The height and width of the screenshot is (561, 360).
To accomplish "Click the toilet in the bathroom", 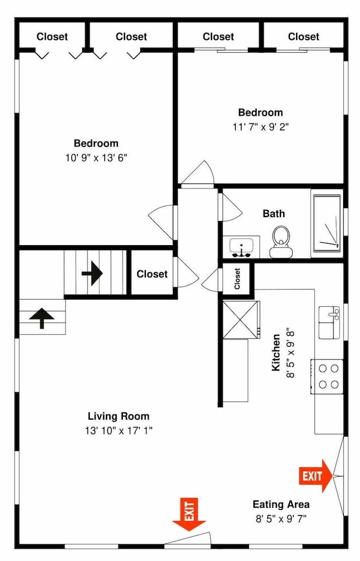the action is click(x=280, y=241).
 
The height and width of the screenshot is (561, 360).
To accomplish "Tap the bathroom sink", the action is click(x=241, y=247).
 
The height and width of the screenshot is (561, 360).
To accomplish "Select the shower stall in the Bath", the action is click(x=327, y=223).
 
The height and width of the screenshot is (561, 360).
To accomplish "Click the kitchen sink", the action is click(x=329, y=323).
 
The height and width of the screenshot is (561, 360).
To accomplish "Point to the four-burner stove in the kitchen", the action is click(x=327, y=376).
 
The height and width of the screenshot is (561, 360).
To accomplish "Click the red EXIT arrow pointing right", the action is click(x=316, y=476).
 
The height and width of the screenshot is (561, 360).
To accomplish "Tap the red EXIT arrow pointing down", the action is click(x=189, y=514).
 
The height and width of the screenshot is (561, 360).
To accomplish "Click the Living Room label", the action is click(x=118, y=416).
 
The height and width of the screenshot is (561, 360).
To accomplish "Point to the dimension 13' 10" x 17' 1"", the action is click(x=118, y=430).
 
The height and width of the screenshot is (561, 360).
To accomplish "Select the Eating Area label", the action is click(x=281, y=504).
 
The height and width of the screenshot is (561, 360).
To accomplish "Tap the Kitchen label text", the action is click(x=276, y=352).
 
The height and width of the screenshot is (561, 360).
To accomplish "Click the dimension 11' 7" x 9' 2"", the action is click(x=261, y=127).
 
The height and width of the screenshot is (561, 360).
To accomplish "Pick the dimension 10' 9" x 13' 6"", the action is click(x=96, y=158).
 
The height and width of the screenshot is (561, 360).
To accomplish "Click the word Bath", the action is click(x=274, y=214).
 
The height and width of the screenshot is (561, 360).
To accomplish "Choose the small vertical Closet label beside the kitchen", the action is click(x=237, y=279).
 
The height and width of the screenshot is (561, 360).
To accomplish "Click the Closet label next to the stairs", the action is click(x=152, y=274).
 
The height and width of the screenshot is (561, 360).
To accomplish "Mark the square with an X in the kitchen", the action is click(x=241, y=320).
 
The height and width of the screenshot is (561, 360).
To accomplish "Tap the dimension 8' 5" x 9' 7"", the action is click(x=281, y=518).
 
